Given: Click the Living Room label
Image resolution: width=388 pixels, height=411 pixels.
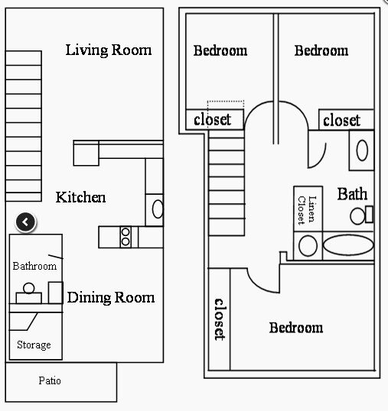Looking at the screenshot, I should coord(108,50).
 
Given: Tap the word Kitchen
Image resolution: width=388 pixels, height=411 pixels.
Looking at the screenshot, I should coord(80,198).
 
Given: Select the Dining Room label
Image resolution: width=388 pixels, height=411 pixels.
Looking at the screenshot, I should coord(111,297).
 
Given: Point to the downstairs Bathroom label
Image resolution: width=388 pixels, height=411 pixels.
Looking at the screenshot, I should coord(34,266).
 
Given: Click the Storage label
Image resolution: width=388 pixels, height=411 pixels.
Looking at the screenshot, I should coord(34,345).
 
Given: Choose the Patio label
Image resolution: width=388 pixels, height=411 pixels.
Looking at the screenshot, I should coord(50,380).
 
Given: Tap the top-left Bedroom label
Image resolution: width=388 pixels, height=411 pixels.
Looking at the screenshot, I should coord(220,51).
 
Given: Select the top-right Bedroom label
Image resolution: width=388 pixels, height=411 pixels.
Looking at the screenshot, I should coord(321,50).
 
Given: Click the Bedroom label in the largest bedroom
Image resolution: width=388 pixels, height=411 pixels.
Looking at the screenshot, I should coord(295,328).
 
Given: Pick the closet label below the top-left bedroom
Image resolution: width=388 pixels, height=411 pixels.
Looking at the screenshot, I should coord(212,120).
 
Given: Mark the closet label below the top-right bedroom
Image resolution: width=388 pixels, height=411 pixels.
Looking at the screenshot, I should coord(341,121).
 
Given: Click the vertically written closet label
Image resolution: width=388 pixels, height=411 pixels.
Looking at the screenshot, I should coord(219,318).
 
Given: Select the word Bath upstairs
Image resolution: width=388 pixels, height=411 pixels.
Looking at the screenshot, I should coord(352,194).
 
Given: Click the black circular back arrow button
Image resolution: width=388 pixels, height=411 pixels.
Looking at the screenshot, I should coord(25,222).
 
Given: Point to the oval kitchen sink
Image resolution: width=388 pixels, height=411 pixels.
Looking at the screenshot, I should coord(158,209).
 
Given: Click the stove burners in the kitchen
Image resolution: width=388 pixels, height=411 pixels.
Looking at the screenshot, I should coord(126,238).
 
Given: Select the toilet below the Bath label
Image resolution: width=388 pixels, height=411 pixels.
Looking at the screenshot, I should coord(359,215).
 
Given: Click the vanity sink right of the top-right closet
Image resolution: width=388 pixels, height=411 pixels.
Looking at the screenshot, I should coord(361,149).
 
